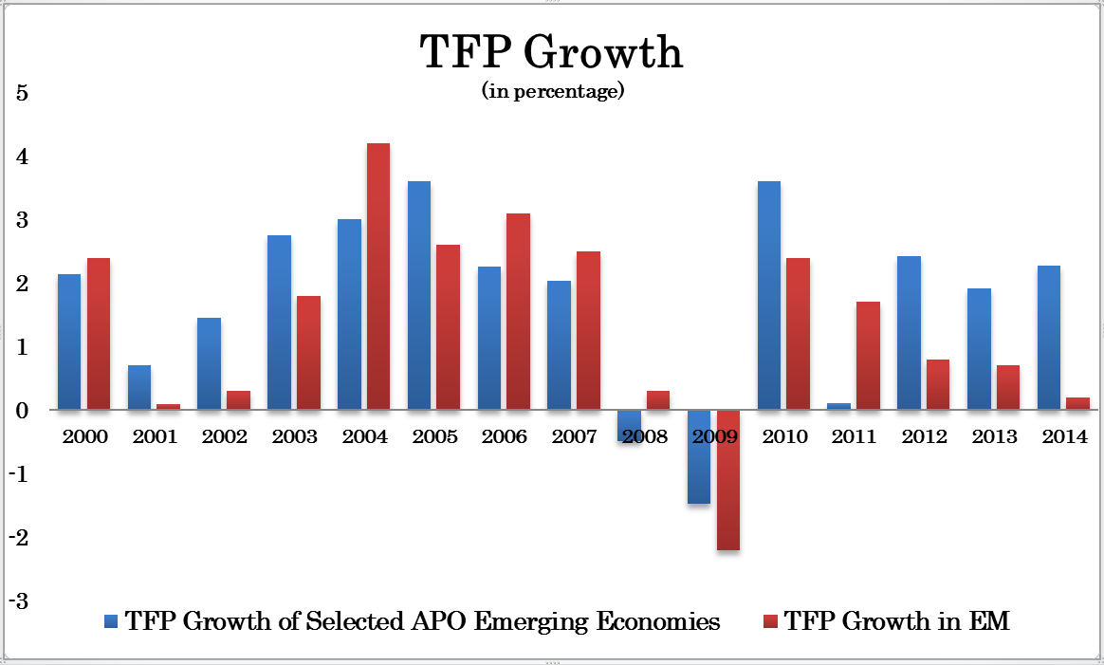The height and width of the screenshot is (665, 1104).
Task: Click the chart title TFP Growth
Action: pyautogui.click(x=551, y=53)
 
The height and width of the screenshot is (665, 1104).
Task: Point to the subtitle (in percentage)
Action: pyautogui.click(x=552, y=92)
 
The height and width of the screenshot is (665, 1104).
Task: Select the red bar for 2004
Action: pyautogui.click(x=377, y=276)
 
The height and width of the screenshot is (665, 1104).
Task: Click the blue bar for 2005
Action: pyautogui.click(x=419, y=295)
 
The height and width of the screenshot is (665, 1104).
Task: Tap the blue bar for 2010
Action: pyautogui.click(x=768, y=295)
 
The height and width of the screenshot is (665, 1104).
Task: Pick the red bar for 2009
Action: pyautogui.click(x=727, y=480)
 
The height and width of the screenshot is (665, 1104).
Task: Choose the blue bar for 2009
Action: pyautogui.click(x=699, y=456)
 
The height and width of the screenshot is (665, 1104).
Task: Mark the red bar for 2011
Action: pyautogui.click(x=868, y=356)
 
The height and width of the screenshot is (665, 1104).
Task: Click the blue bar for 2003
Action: pyautogui.click(x=279, y=323)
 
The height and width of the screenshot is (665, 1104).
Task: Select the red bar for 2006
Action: pyautogui.click(x=518, y=311)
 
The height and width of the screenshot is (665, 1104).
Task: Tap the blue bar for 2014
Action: pyautogui.click(x=1048, y=338)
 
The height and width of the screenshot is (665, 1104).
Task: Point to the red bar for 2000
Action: pyautogui.click(x=99, y=334)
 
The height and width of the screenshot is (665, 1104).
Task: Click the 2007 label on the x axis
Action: pyautogui.click(x=575, y=436)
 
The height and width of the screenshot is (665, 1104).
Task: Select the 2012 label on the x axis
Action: pyautogui.click(x=924, y=436)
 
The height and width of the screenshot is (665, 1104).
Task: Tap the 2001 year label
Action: pyautogui.click(x=155, y=436)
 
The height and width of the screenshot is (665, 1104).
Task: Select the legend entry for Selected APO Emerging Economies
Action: pyautogui.click(x=412, y=622)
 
